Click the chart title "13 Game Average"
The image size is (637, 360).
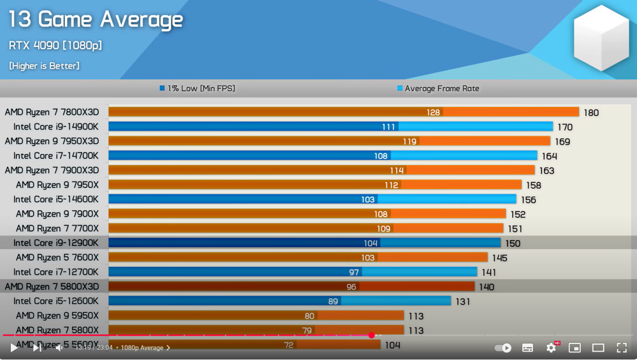pyautogui.click(x=96, y=20)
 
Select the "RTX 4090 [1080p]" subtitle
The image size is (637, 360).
pyautogui.click(x=55, y=46)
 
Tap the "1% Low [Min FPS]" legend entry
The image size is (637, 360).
pyautogui.click(x=197, y=89)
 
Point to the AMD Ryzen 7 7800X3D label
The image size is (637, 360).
pyautogui.click(x=52, y=112)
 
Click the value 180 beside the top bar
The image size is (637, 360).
pyautogui.click(x=591, y=113)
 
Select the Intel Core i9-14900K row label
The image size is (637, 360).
pyautogui.click(x=56, y=127)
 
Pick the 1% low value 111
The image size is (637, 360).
pyautogui.click(x=389, y=127)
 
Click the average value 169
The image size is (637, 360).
pyautogui.click(x=562, y=141)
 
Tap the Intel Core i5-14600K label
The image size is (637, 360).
pyautogui.click(x=56, y=199)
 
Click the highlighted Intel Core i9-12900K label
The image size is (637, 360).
pyautogui.click(x=56, y=243)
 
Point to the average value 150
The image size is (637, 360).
pyautogui.click(x=513, y=243)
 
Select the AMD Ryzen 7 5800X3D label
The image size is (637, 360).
pyautogui.click(x=52, y=287)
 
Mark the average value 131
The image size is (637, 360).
pyautogui.click(x=463, y=301)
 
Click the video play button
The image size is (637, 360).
pyautogui.click(x=14, y=348)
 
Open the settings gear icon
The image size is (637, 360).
pyautogui.click(x=552, y=348)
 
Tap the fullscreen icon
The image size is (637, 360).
pyautogui.click(x=622, y=348)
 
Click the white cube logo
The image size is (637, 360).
pyautogui.click(x=601, y=38)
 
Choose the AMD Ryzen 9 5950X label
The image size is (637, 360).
pyautogui.click(x=57, y=316)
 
